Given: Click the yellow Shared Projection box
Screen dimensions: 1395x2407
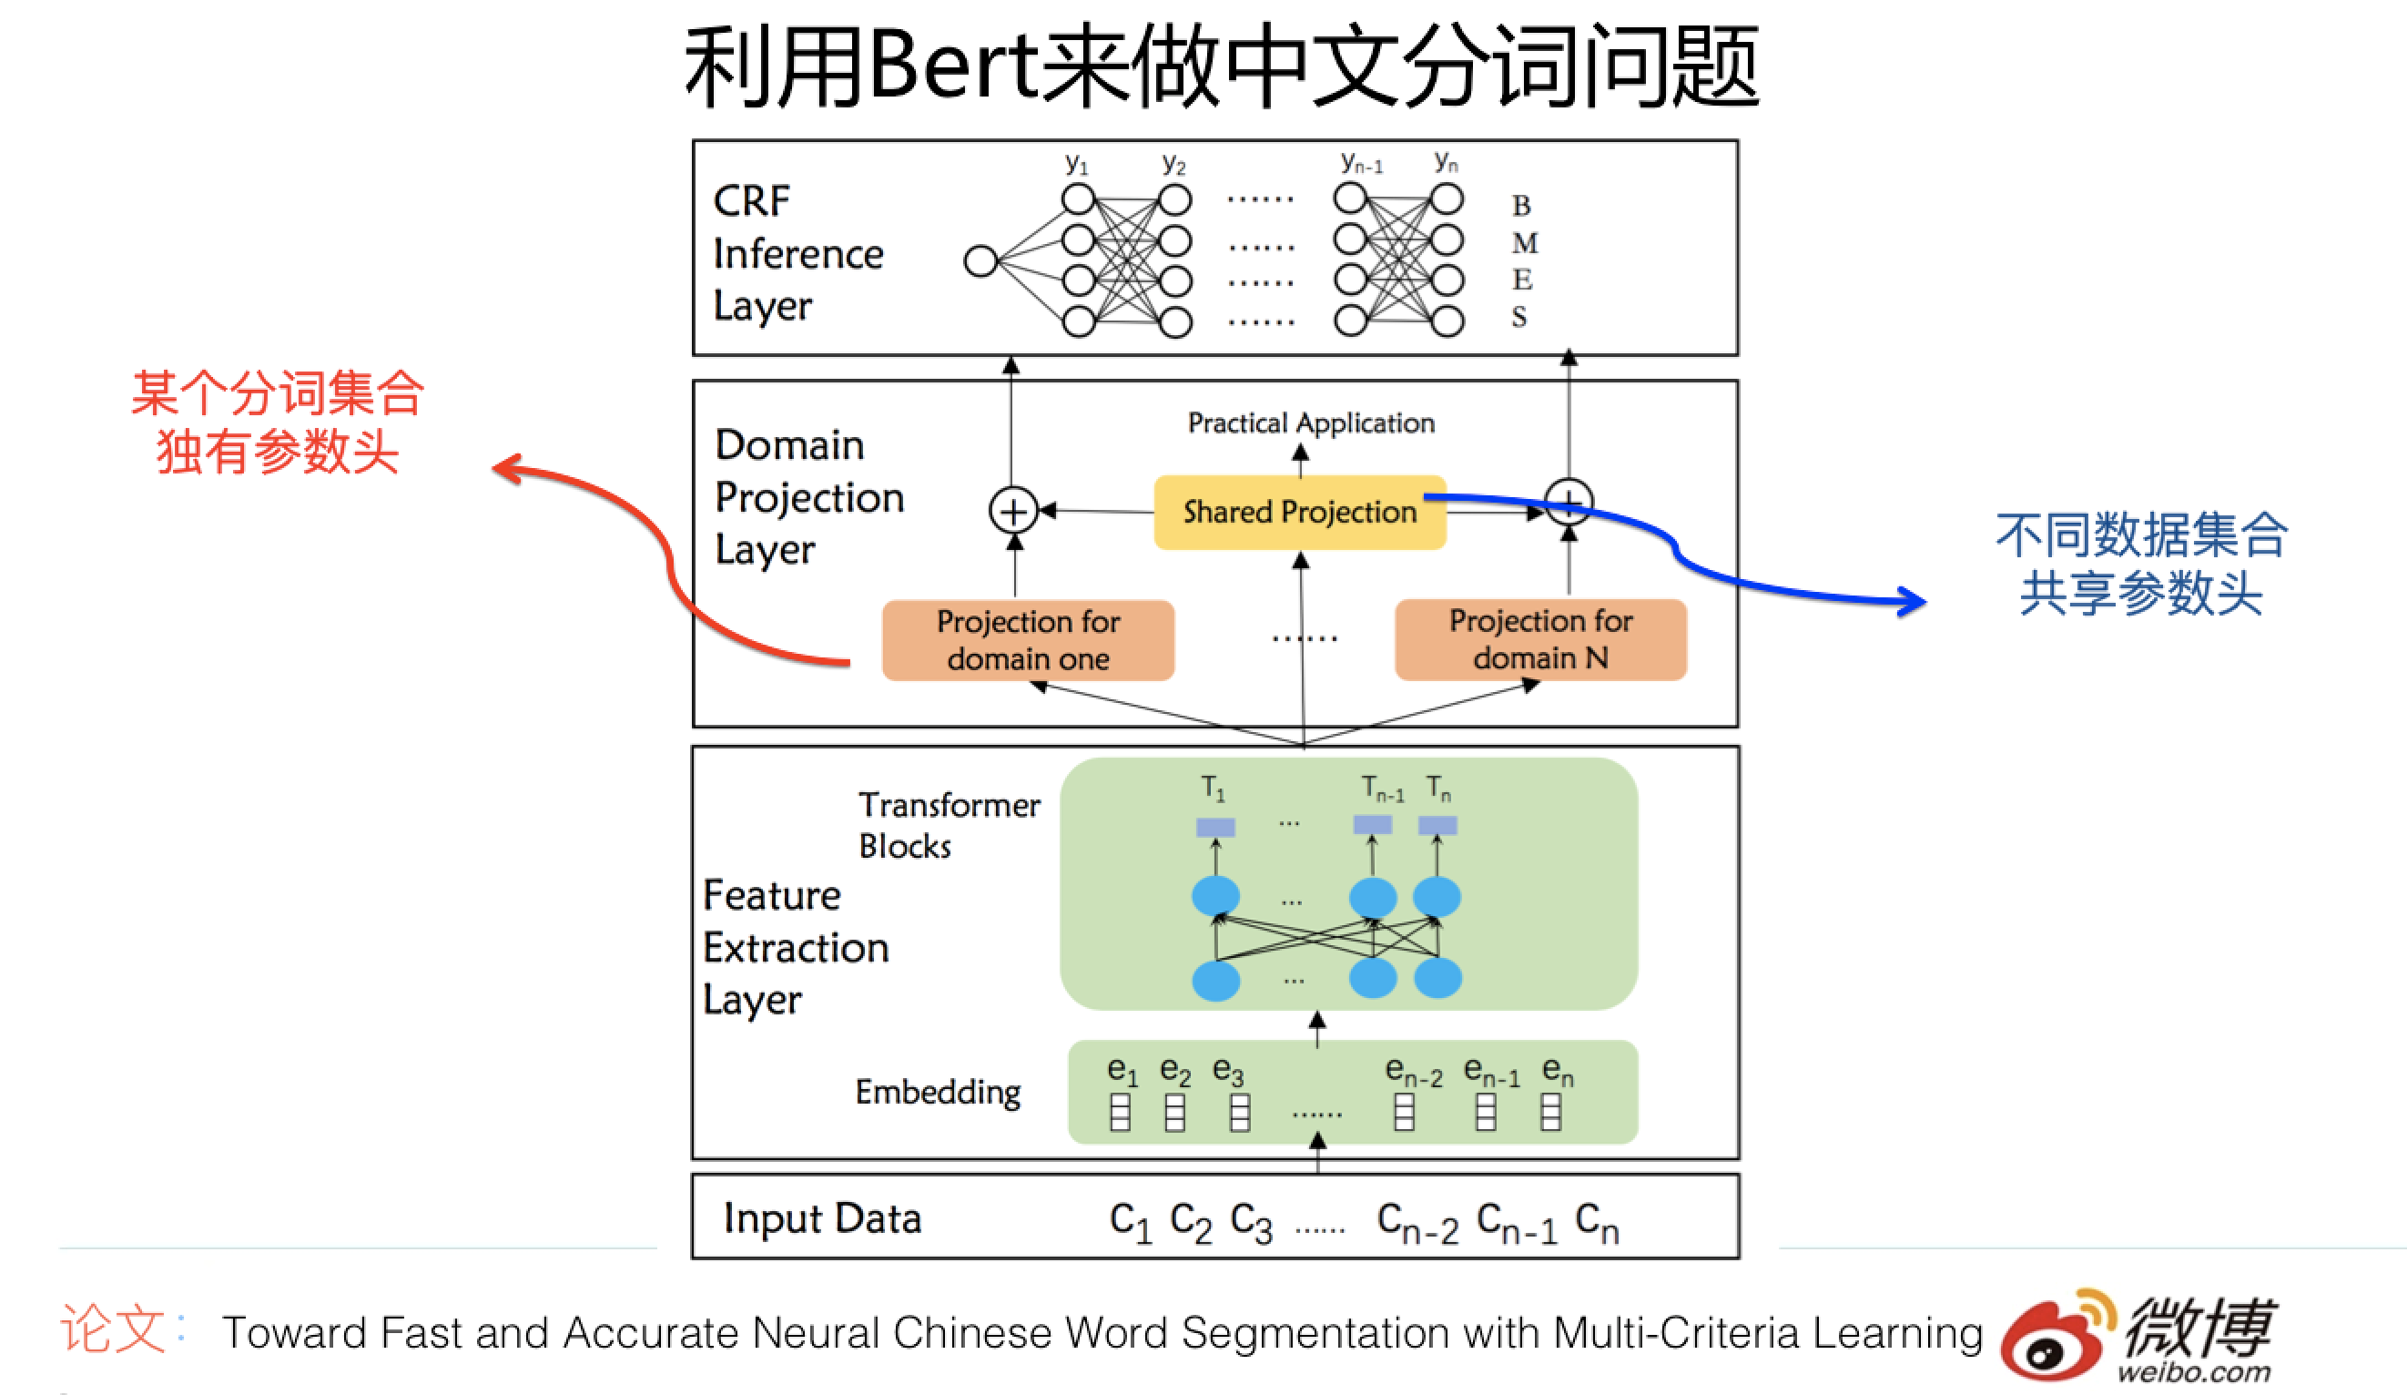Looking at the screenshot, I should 1299,512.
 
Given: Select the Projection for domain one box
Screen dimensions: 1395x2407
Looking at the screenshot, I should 1028,639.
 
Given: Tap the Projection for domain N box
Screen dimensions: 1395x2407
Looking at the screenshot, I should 1539,639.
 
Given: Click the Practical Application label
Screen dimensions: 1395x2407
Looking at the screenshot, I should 1311,423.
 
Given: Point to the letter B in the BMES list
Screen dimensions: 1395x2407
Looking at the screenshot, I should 1520,206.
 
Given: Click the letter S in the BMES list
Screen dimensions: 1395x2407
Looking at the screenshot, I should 1518,317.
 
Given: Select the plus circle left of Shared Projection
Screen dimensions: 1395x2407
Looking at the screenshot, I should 1013,510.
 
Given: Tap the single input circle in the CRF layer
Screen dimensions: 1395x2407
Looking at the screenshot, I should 981,260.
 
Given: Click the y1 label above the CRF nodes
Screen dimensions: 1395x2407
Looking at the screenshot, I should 1076,163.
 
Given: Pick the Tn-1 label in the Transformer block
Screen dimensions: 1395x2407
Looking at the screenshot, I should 1381,789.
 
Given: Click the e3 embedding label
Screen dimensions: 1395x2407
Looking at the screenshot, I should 1228,1071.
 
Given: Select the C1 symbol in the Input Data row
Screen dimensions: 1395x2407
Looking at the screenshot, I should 1130,1221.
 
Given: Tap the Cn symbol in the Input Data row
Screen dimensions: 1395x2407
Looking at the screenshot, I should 1596,1221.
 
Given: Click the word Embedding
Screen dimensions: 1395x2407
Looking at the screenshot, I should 937,1091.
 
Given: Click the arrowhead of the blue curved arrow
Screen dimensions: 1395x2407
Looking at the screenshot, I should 1915,601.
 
